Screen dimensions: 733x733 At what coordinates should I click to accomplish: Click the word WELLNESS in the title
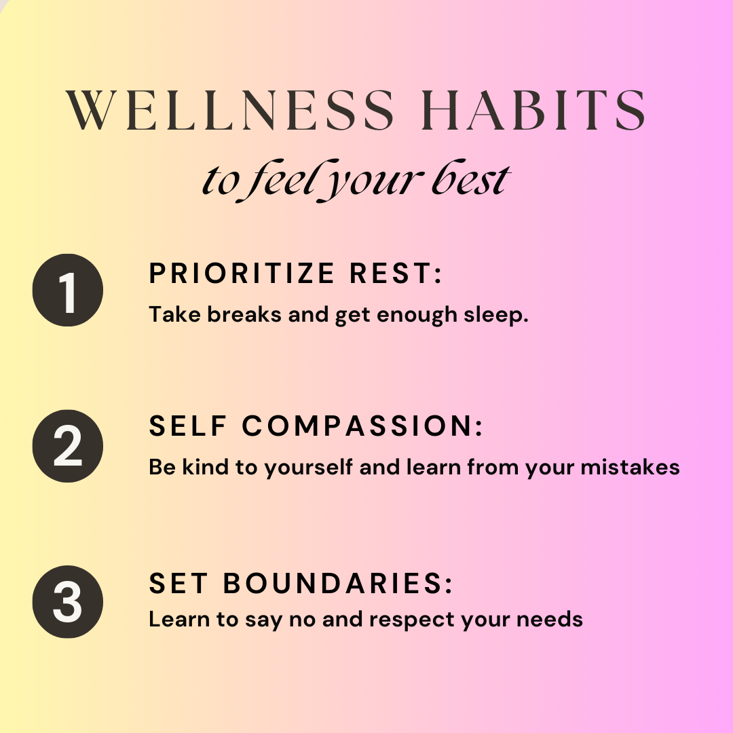[229, 110]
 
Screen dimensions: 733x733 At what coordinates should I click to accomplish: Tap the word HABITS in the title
[533, 110]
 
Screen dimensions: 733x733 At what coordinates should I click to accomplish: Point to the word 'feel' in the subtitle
[278, 180]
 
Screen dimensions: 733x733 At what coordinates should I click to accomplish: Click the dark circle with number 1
[68, 290]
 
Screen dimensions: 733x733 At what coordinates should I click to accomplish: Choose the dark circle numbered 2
[68, 446]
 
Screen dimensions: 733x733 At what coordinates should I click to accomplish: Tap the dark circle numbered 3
[68, 602]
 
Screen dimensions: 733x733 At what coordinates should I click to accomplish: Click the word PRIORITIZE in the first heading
[242, 274]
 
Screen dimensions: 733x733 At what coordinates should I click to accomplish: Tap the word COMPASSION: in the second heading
[362, 426]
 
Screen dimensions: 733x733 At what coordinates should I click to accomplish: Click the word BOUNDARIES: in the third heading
[338, 584]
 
